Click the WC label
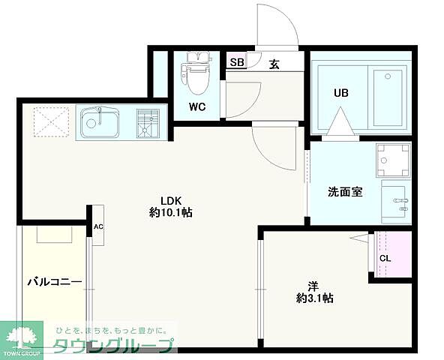pyautogui.click(x=197, y=106)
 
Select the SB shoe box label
pyautogui.click(x=236, y=63)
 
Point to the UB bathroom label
pyautogui.click(x=341, y=94)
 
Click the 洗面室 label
pyautogui.click(x=345, y=191)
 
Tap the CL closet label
pyautogui.click(x=385, y=259)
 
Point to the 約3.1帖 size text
pyautogui.click(x=313, y=298)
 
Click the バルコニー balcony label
pyautogui.click(x=55, y=282)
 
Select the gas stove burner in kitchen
pyautogui.click(x=148, y=122)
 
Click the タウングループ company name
pyautogui.click(x=112, y=345)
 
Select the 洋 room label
pyautogui.click(x=313, y=285)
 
